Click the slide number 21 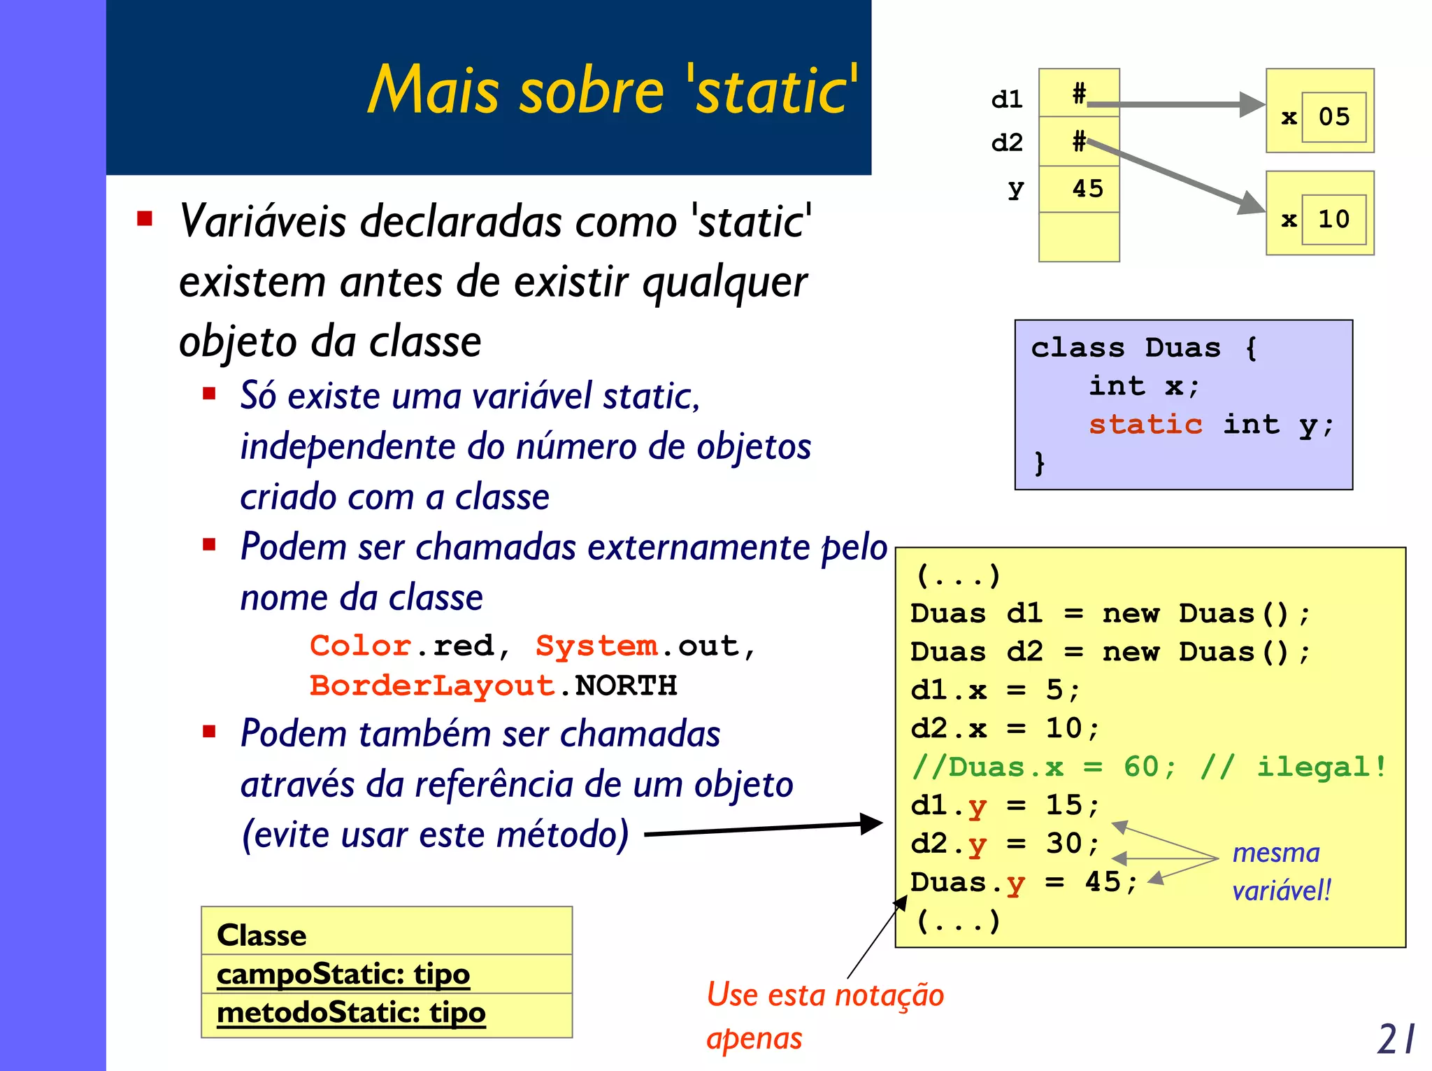pos(1396,1039)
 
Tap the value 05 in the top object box pos(1333,117)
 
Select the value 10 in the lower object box pos(1333,220)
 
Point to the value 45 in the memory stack pos(1087,189)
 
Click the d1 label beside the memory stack pos(1007,99)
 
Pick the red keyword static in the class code pos(1145,425)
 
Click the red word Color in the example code pos(361,646)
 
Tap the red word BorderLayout pos(432,686)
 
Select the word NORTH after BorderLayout pos(626,686)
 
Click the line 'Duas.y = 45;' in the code pos(1024,883)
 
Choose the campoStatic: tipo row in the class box pos(343,974)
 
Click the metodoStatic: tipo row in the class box pos(351,1012)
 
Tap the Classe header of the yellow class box pos(262,935)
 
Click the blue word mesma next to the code pos(1275,853)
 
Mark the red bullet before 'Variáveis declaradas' pos(145,219)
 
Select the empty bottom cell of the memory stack pos(1079,236)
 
